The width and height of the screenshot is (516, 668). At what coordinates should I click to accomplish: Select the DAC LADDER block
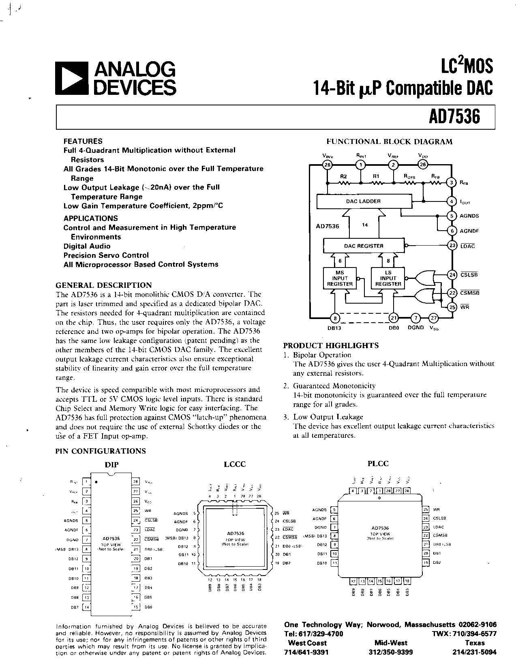363,201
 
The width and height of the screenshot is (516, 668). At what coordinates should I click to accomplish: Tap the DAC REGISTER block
363,246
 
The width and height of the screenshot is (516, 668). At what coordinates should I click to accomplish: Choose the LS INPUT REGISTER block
388,278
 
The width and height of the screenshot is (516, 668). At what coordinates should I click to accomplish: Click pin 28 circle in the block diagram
327,165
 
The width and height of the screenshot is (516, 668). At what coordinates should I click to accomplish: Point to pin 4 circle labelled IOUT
452,201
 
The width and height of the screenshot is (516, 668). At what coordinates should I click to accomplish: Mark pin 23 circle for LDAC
452,246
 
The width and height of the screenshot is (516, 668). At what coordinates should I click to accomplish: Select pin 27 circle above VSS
434,318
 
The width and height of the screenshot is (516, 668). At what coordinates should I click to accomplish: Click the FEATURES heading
83,141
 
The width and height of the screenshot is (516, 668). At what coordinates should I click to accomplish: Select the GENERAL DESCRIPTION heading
103,285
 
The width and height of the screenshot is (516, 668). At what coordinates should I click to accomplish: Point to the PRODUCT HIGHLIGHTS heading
331,345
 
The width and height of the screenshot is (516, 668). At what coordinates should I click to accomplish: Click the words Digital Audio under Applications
87,246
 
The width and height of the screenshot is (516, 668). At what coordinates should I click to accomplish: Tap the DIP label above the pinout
111,465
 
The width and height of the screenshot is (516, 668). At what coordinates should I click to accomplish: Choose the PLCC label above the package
378,463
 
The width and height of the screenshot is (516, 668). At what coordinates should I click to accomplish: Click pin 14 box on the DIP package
86,607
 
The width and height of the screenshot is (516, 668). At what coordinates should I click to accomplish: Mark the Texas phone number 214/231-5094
474,652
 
